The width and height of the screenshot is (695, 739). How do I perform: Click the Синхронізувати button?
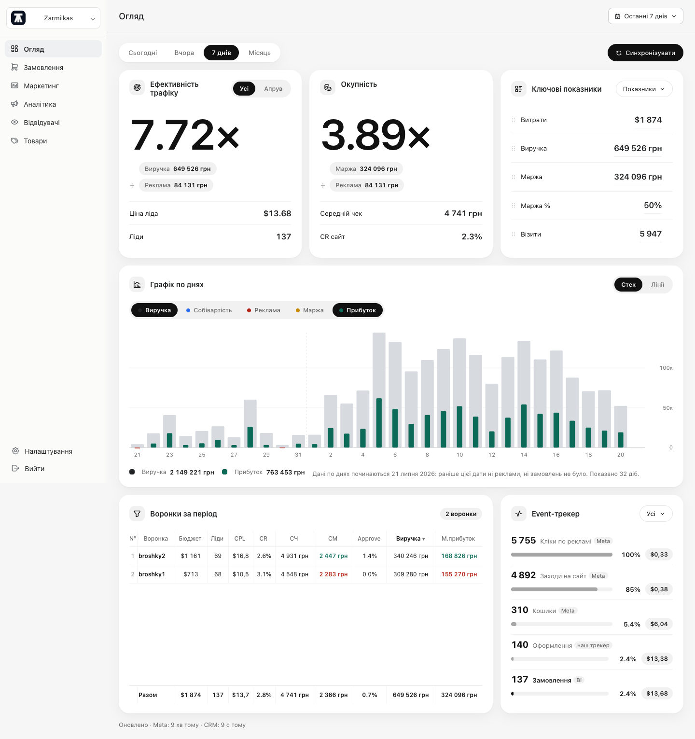pos(645,53)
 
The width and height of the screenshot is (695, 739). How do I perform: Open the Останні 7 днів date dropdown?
pos(646,16)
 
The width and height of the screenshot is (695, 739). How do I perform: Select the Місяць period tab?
pos(260,53)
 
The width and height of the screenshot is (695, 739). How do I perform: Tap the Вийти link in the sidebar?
pos(35,469)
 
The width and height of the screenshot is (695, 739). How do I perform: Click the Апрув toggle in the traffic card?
pos(273,89)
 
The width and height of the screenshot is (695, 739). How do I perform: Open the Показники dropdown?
pos(644,89)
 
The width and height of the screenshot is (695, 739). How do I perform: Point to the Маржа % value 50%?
pos(653,205)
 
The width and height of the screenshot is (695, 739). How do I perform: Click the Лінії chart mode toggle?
pos(657,285)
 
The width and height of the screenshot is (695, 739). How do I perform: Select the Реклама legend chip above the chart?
pos(264,310)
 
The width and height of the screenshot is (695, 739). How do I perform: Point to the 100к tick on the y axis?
pos(666,368)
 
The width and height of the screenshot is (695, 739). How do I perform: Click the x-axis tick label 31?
pos(298,455)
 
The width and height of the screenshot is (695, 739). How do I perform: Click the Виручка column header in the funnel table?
pos(410,539)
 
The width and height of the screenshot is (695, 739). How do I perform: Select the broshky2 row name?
pos(152,556)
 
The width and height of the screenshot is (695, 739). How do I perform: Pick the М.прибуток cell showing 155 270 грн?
pos(459,574)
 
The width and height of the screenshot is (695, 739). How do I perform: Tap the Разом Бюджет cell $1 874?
pos(191,695)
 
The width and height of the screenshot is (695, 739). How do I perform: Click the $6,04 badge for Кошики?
pos(659,624)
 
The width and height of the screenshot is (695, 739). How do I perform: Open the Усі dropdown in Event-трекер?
pos(656,514)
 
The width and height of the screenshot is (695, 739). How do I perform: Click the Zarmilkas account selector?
pos(53,18)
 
